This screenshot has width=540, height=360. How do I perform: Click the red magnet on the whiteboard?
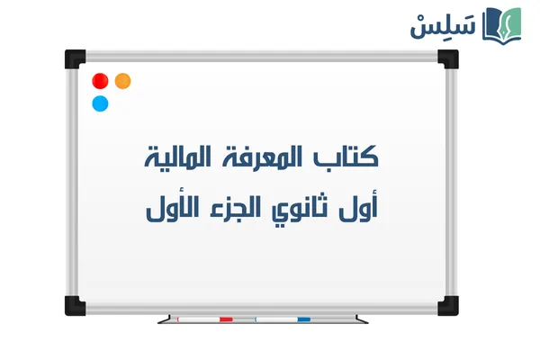101,81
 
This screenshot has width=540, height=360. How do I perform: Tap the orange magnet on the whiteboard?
123,81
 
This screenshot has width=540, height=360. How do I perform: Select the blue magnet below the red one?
101,103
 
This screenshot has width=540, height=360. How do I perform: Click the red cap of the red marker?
226,319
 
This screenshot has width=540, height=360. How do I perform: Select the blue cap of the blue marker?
304,319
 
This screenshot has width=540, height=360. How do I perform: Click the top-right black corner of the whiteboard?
447,59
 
